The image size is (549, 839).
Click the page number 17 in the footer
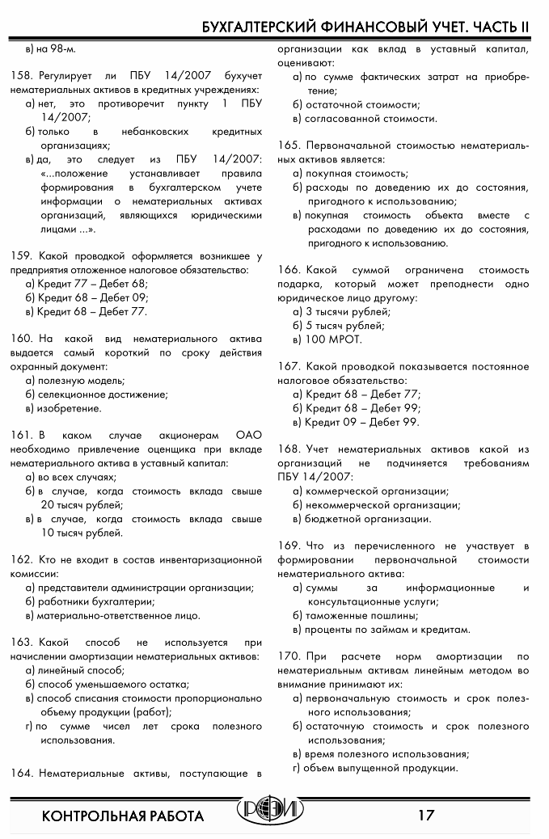(426, 814)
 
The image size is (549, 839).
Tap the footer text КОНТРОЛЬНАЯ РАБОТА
(123, 815)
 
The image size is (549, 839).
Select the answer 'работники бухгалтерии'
(96, 601)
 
